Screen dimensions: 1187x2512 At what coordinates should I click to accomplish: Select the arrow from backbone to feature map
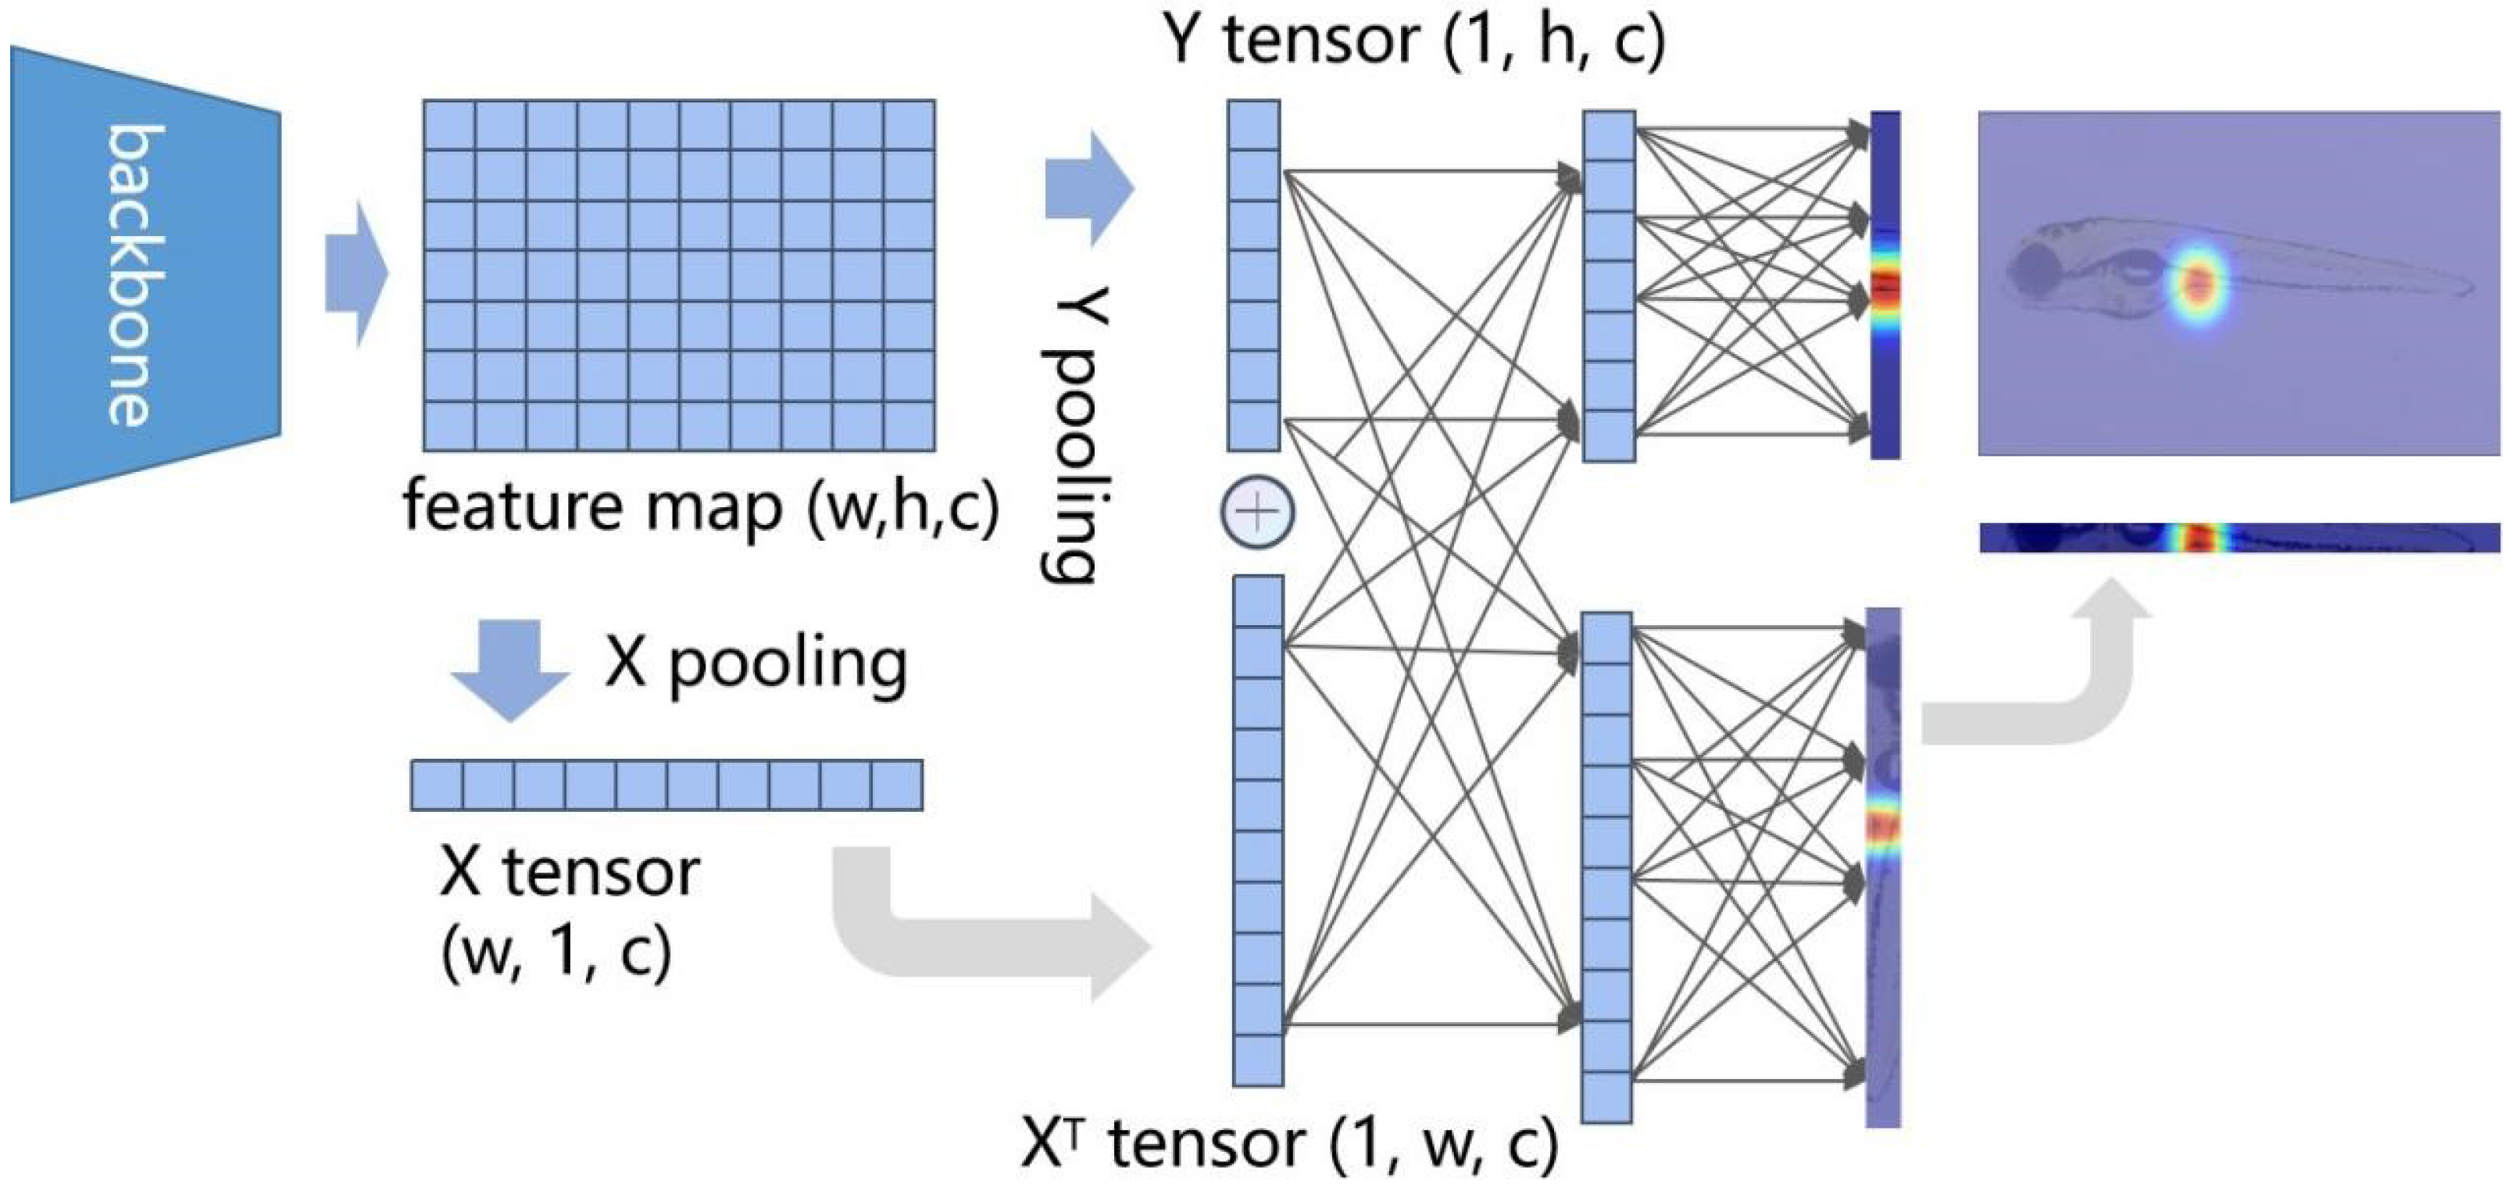(356, 274)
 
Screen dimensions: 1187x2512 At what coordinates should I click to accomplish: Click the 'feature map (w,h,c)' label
(700, 507)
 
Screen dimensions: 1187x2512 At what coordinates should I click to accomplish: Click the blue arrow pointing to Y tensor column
(1088, 188)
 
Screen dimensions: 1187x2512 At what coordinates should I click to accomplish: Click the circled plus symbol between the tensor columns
(1258, 511)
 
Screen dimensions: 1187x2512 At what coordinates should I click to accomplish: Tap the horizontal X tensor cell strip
(666, 785)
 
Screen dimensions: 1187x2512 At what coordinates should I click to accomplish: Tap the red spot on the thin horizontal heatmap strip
(2197, 538)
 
